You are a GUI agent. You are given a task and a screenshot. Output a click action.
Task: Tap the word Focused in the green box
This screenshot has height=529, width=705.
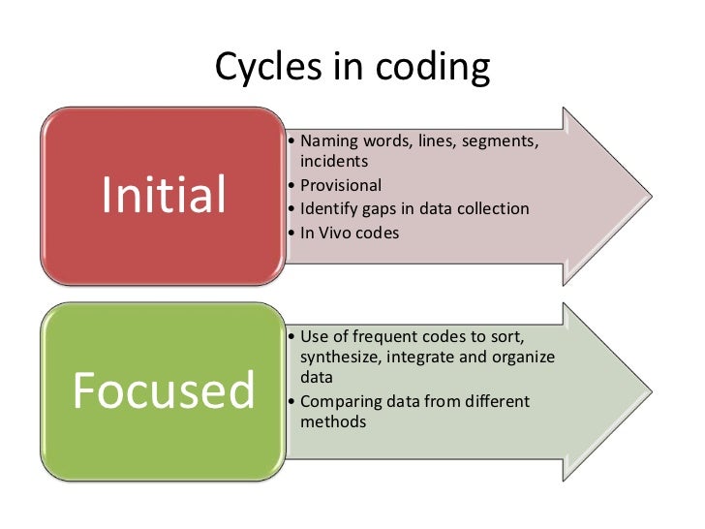pyautogui.click(x=164, y=390)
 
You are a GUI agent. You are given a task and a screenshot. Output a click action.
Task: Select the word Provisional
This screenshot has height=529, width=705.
pyautogui.click(x=341, y=185)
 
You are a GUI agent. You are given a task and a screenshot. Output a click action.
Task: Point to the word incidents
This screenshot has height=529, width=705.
pyautogui.click(x=334, y=161)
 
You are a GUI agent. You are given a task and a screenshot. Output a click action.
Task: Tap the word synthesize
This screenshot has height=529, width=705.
pyautogui.click(x=338, y=358)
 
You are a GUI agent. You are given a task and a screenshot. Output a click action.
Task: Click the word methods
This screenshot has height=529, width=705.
pyautogui.click(x=333, y=422)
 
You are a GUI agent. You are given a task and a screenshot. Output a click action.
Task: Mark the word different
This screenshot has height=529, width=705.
pyautogui.click(x=496, y=401)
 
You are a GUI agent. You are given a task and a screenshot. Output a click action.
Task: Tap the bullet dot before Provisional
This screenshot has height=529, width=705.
pyautogui.click(x=292, y=185)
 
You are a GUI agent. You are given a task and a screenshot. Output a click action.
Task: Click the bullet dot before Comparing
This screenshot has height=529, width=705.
pyautogui.click(x=292, y=401)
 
